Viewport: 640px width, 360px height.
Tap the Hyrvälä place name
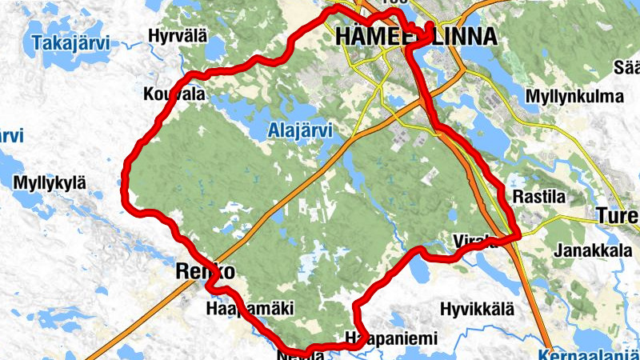coord(178,35)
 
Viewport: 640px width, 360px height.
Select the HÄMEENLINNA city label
coord(416,36)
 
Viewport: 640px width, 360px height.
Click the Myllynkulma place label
coord(574,97)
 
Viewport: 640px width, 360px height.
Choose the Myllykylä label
coord(49,183)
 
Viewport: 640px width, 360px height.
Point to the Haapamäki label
coord(250,308)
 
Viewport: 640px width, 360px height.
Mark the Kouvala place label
coord(174,94)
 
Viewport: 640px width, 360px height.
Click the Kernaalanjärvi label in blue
coord(588,354)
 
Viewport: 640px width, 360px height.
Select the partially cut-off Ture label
coord(618,216)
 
